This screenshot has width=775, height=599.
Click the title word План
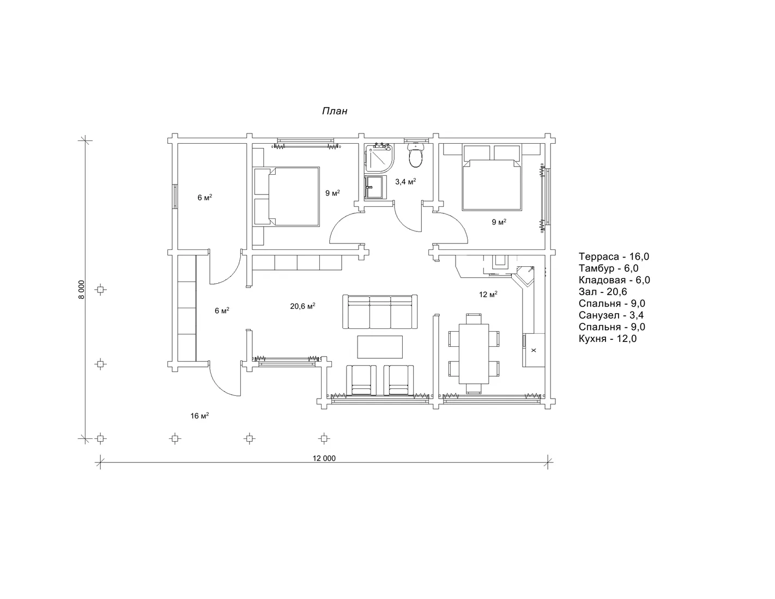(x=334, y=111)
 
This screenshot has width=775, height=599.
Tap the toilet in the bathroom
(x=415, y=155)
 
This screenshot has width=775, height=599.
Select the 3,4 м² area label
(x=405, y=181)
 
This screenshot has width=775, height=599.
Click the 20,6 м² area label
(x=302, y=305)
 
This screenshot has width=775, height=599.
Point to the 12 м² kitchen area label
(x=488, y=295)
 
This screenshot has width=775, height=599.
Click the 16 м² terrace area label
(x=199, y=415)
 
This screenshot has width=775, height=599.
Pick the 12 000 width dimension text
(x=324, y=459)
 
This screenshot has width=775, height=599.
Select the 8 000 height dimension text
(x=82, y=289)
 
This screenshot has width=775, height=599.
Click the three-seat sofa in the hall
(x=380, y=311)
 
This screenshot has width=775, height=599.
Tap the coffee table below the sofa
(x=380, y=347)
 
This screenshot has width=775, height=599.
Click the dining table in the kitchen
(x=474, y=353)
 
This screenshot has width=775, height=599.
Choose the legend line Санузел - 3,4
(x=611, y=315)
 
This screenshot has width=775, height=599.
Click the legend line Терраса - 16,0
(x=614, y=256)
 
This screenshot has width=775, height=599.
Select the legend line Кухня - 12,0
(x=607, y=339)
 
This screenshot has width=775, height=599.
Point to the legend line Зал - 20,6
(x=603, y=291)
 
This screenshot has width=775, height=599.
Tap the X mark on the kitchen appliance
(x=534, y=350)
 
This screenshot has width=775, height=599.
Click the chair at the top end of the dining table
(x=474, y=318)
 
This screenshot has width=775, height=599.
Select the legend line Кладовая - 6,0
(x=614, y=280)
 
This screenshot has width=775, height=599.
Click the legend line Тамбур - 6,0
(x=608, y=268)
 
